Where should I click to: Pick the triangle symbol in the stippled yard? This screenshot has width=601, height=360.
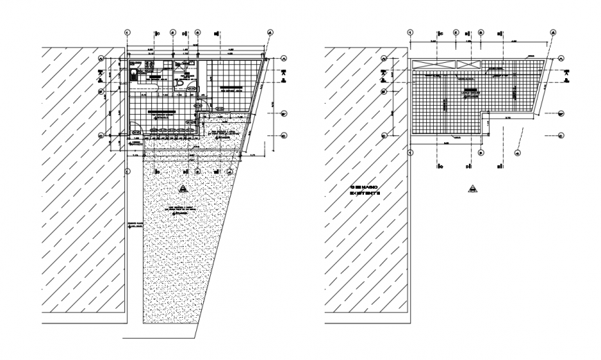pyautogui.click(x=182, y=189)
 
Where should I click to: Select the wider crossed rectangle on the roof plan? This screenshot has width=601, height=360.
pyautogui.click(x=429, y=64)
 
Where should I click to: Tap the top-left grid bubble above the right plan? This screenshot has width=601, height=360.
pyautogui.click(x=410, y=32)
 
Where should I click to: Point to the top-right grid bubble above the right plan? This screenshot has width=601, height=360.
pyautogui.click(x=553, y=32)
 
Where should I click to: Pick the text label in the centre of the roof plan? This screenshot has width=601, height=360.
pyautogui.click(x=472, y=91)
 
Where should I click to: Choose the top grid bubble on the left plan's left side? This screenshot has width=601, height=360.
pyautogui.click(x=101, y=59)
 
